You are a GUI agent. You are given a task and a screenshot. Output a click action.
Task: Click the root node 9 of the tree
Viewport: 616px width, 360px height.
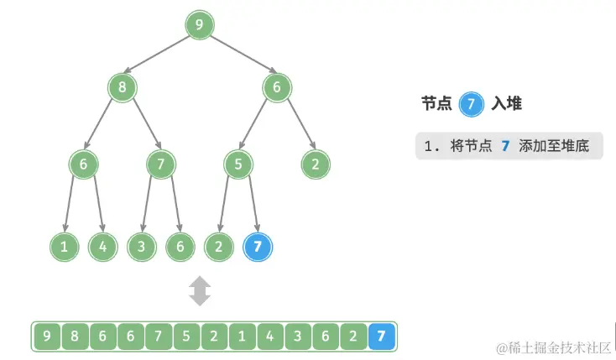coord(199,25)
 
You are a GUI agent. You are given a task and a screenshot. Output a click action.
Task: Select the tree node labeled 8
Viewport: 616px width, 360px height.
coord(122,86)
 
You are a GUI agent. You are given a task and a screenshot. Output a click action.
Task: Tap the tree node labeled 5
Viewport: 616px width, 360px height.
coord(238,164)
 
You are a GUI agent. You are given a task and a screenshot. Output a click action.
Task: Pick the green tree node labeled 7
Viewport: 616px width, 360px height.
coord(160,164)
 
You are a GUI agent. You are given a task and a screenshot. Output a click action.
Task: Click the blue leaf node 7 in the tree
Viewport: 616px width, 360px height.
coord(257,247)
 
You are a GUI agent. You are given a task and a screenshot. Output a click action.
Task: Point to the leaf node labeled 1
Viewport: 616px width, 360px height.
coord(65,247)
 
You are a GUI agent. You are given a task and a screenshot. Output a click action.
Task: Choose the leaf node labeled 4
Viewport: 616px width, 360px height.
coord(102,247)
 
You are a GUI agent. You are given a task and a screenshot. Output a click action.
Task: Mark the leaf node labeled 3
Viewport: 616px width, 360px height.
coord(141,247)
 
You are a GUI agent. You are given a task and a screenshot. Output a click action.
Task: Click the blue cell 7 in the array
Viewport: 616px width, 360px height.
coord(382,337)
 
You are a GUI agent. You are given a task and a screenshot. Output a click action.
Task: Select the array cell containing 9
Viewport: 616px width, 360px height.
coord(47,337)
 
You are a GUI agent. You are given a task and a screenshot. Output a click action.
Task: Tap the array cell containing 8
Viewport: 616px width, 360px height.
coord(75,337)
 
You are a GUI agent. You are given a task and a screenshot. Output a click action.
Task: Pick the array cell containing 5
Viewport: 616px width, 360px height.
coord(186,337)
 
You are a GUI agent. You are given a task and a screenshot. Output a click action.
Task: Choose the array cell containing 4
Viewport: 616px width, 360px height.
coord(270,337)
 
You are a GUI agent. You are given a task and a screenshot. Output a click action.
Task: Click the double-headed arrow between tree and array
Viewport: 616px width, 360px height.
coord(200,291)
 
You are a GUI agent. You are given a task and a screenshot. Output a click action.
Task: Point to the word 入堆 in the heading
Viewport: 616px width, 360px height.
coord(506,103)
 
